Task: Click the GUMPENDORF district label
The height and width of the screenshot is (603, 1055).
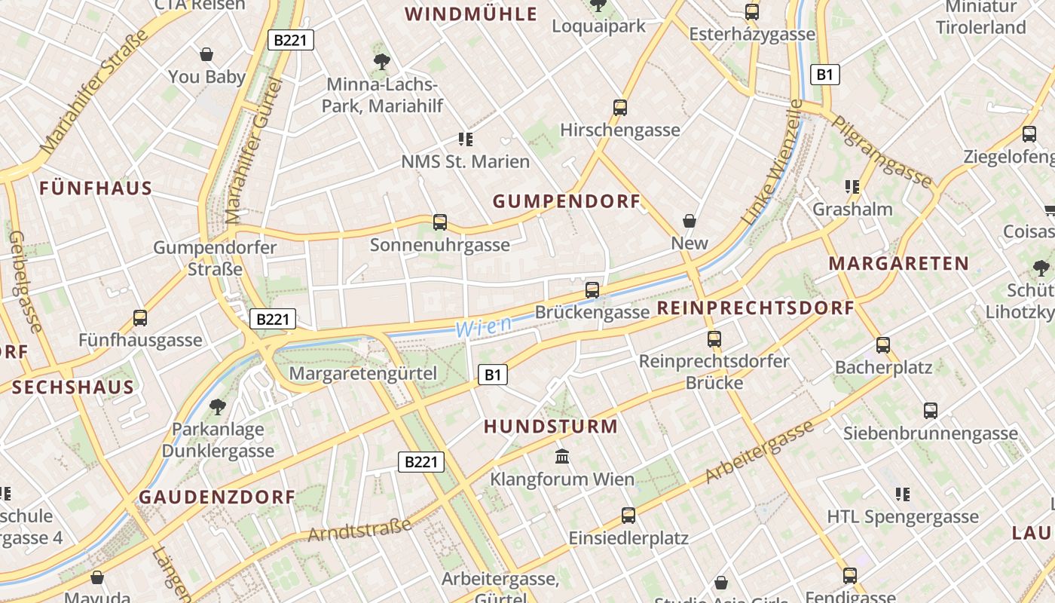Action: click(x=566, y=201)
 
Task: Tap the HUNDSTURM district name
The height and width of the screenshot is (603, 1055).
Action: click(x=550, y=427)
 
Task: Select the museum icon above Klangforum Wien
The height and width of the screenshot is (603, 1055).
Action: click(x=562, y=456)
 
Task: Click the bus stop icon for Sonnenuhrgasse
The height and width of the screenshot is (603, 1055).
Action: click(x=440, y=222)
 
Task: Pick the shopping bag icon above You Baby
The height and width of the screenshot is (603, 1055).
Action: click(x=206, y=54)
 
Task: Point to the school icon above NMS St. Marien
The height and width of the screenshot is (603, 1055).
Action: click(x=465, y=139)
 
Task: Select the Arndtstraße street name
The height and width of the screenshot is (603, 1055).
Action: click(x=359, y=529)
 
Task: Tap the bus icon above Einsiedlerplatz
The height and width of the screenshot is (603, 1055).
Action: click(x=628, y=516)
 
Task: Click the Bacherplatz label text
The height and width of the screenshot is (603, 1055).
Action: click(x=883, y=368)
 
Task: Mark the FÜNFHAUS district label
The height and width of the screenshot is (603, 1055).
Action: click(x=96, y=188)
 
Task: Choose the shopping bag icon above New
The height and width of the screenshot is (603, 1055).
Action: click(x=689, y=221)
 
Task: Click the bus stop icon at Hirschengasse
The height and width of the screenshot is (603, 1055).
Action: click(x=620, y=108)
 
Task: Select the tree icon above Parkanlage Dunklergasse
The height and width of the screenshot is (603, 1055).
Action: click(x=218, y=407)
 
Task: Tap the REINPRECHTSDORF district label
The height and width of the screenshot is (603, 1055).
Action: click(x=756, y=308)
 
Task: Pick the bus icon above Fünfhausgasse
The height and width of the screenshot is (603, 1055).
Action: click(x=140, y=318)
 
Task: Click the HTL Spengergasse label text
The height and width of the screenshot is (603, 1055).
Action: click(x=903, y=517)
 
